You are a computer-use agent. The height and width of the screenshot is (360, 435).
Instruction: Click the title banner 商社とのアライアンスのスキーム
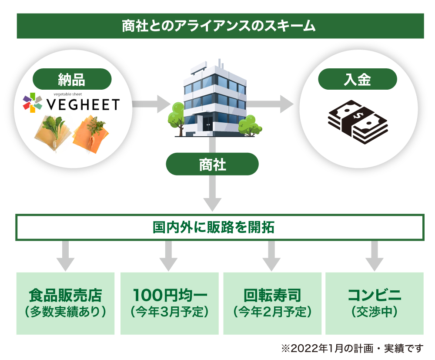(220, 26)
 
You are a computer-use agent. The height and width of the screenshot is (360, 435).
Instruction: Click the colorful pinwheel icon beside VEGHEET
(33, 103)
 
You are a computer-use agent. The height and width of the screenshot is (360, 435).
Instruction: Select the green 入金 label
(358, 79)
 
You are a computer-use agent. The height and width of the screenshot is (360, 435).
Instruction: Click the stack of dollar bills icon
(357, 121)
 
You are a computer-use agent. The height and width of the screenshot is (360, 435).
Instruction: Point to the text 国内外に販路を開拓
(220, 227)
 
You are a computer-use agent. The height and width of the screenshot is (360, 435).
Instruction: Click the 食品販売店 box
(65, 303)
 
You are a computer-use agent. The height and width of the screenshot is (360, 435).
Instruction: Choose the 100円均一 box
(169, 303)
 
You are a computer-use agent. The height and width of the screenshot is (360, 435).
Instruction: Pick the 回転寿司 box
(272, 303)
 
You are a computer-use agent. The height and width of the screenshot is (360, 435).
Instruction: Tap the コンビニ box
(374, 303)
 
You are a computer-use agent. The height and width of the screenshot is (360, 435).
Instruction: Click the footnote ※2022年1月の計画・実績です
(352, 348)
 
